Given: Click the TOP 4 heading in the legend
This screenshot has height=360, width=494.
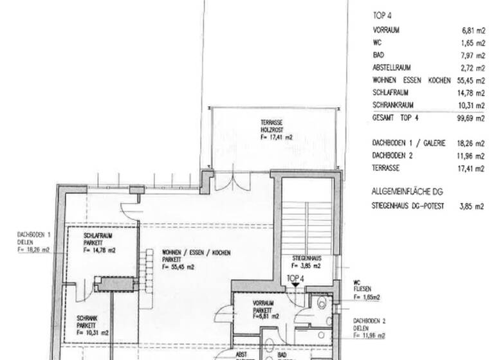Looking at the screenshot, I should point(382,15).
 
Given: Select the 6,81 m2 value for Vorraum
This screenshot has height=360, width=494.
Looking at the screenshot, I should point(473,30).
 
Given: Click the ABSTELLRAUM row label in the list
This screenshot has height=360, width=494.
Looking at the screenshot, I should point(392,67).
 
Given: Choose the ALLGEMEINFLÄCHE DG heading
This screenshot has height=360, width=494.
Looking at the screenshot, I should point(408,192).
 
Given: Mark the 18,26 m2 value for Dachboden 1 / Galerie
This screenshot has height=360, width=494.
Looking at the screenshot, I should point(471,143).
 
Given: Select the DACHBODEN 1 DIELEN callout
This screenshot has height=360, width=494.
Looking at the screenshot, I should point(32,246).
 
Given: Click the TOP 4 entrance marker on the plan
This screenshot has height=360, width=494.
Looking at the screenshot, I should point(294,282).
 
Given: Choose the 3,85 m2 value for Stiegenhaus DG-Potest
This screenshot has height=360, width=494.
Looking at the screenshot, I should point(473,207).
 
